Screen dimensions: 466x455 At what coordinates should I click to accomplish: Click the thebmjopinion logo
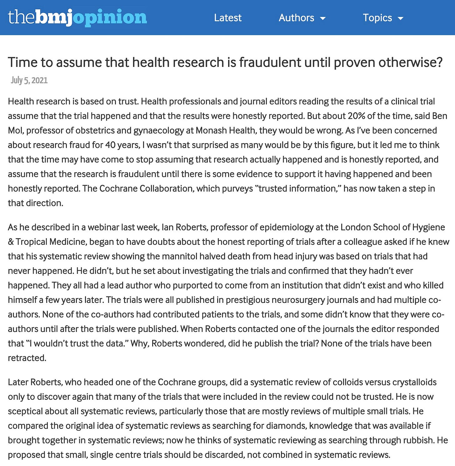pos(77,18)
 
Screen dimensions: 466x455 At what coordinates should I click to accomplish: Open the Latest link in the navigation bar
pos(227,18)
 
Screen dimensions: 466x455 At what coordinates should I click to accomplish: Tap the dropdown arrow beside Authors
pos(323,18)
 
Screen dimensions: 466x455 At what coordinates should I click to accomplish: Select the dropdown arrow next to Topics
pos(400,18)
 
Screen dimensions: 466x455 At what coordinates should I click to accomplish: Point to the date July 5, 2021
pos(29,80)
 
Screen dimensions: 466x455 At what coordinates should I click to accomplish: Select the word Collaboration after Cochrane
pos(166,188)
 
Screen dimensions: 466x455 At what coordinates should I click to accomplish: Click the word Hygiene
pos(428,227)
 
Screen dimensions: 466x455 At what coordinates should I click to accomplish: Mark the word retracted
pos(27,358)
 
